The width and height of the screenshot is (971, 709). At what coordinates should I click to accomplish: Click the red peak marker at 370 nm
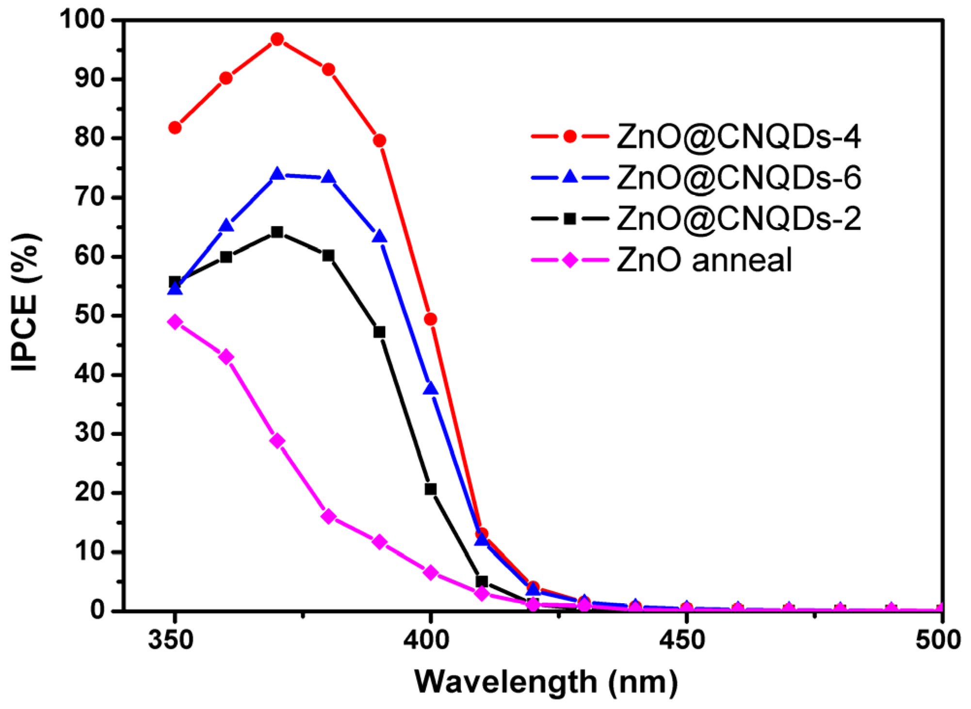[277, 39]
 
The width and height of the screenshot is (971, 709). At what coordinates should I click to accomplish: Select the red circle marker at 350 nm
[175, 128]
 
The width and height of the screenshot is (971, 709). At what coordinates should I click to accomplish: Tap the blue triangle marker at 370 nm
[277, 174]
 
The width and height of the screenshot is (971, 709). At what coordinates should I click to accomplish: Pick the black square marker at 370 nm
[277, 232]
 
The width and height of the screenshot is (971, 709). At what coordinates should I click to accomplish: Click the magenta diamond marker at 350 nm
[175, 322]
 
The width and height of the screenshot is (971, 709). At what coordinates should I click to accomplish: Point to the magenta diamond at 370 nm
[277, 441]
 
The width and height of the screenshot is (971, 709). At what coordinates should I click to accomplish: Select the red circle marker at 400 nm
[430, 319]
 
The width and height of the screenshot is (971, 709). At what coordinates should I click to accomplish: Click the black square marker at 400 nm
[430, 489]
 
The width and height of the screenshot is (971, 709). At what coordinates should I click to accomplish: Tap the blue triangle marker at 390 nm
[379, 237]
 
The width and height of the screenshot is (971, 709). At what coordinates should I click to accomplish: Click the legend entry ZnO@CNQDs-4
[738, 137]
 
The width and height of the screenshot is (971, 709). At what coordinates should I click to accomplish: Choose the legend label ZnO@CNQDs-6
[738, 178]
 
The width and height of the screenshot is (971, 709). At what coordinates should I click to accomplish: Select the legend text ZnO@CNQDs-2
[738, 219]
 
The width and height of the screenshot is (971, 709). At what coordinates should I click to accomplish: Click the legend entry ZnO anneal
[704, 260]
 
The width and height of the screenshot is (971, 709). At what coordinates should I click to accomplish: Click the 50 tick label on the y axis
[90, 315]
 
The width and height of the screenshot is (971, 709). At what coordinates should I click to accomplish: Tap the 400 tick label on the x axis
[427, 640]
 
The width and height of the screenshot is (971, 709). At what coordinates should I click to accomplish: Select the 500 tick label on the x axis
[938, 640]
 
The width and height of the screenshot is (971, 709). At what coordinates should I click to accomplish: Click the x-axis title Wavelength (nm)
[546, 682]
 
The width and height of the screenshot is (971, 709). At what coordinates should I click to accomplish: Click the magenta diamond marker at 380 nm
[328, 516]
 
